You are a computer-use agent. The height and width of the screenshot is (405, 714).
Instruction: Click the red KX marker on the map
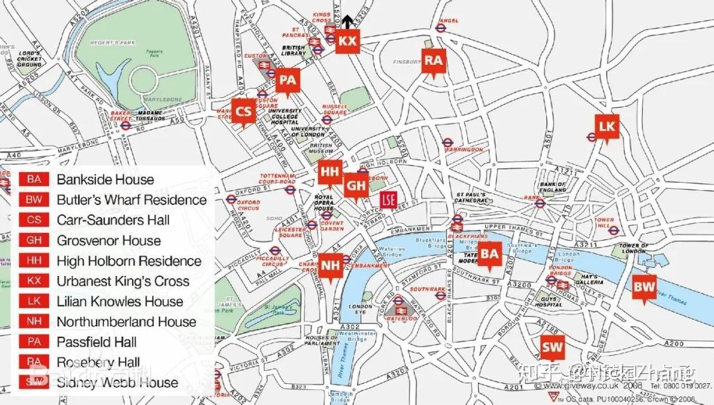tap(347, 41)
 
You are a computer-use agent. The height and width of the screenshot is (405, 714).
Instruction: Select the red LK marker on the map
tap(606, 126)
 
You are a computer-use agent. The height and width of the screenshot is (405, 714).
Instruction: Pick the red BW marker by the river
tap(644, 287)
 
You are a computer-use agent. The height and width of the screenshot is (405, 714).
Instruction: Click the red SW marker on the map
tap(552, 346)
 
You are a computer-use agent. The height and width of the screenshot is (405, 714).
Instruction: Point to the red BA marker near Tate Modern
tap(489, 253)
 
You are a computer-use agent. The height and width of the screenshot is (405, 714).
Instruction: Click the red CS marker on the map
tap(244, 111)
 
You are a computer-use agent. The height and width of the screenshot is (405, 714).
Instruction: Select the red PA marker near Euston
tap(287, 81)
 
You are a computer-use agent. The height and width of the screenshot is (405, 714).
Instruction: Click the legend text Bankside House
tap(105, 179)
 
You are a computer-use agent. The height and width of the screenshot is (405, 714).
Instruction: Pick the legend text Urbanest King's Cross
tap(123, 281)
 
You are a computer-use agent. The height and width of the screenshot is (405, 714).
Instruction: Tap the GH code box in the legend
tap(34, 240)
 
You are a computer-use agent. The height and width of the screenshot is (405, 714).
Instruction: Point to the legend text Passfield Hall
tap(97, 342)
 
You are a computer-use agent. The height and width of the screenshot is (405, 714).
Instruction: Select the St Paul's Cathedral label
tap(471, 197)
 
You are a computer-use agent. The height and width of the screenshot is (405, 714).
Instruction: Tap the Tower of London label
tap(633, 249)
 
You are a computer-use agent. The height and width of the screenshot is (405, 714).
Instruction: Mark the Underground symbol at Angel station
tap(441, 28)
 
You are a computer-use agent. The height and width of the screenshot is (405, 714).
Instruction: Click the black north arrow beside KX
tap(344, 21)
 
